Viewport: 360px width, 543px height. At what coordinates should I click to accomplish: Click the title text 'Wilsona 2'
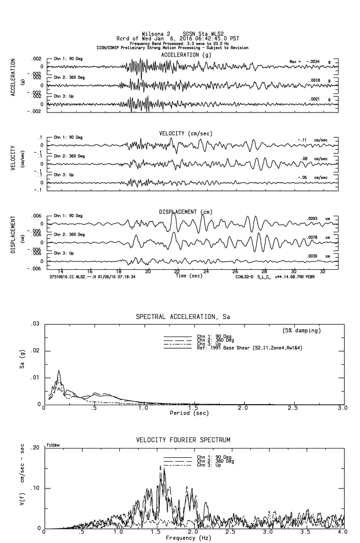point(156,34)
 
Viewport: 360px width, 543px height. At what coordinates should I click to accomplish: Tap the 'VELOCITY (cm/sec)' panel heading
point(186,133)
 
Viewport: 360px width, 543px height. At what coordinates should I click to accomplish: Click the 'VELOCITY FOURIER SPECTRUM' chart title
point(183,440)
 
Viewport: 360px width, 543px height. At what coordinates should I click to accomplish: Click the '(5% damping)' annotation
point(301,331)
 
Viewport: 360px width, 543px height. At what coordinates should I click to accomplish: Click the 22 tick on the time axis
point(177,272)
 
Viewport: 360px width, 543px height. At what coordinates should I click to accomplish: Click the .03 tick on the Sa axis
point(35,324)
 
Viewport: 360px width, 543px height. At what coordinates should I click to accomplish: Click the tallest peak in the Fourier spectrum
point(160,466)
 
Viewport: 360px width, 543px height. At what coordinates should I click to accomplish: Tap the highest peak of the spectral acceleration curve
point(59,371)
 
